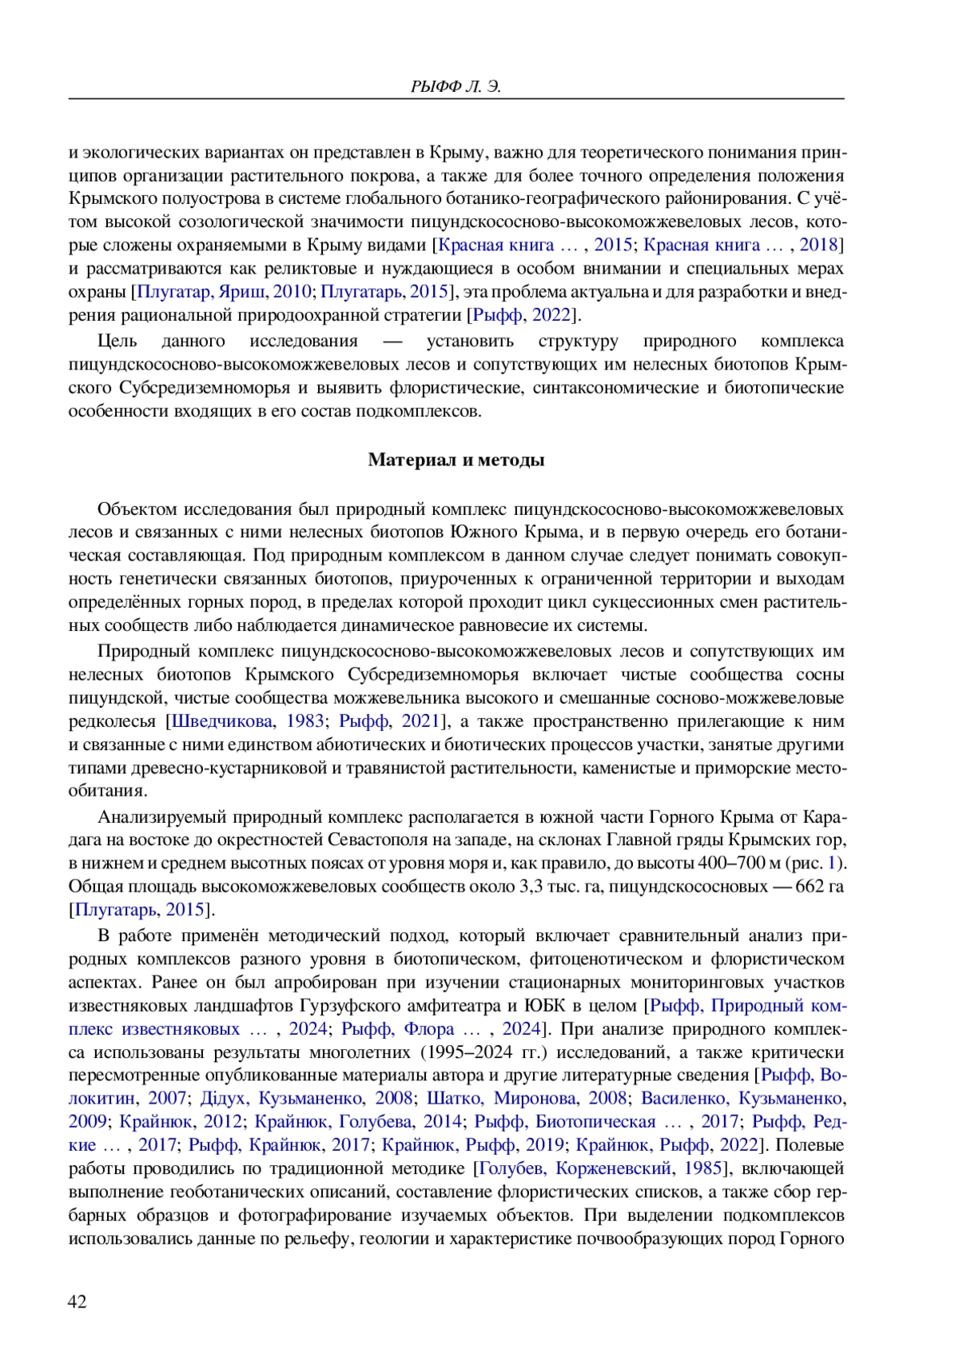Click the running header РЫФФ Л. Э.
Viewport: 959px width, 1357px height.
point(456,86)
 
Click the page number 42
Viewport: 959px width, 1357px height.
point(78,1302)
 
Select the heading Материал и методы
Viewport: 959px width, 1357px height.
point(456,460)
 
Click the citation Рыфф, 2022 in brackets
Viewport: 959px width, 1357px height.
point(522,315)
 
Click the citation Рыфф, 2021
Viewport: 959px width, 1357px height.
point(389,721)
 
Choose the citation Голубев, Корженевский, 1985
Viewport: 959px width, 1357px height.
point(600,1168)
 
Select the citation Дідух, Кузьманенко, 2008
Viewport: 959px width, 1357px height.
point(306,1099)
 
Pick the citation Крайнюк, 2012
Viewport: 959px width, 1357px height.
point(181,1122)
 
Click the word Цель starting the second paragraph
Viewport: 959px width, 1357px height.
point(117,341)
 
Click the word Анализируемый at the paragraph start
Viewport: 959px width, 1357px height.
point(161,817)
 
